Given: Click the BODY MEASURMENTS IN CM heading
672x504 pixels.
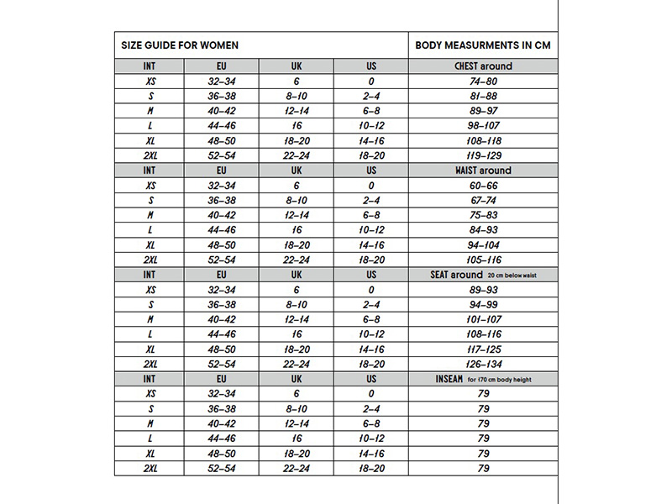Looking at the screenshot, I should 483,45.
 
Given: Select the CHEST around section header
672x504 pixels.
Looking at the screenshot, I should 483,66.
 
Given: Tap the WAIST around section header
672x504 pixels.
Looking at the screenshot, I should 483,171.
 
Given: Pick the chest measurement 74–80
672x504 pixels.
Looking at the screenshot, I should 483,81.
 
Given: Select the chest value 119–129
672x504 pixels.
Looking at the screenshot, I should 483,155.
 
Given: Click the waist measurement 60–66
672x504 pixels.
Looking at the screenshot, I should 483,186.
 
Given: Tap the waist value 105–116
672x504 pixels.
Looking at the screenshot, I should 483,260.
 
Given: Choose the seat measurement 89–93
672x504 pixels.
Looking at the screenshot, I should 483,290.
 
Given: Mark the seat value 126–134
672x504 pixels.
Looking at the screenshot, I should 483,364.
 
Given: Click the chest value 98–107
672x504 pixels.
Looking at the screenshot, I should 483,126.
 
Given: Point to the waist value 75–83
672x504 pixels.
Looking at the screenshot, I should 483,215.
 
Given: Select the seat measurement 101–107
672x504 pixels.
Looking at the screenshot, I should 483,319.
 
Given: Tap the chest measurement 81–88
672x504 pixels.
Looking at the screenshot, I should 483,97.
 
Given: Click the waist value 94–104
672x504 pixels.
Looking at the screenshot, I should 483,244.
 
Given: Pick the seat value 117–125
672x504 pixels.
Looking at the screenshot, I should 483,349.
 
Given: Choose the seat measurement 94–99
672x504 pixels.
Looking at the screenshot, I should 483,304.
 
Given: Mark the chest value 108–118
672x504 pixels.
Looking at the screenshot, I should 483,140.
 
